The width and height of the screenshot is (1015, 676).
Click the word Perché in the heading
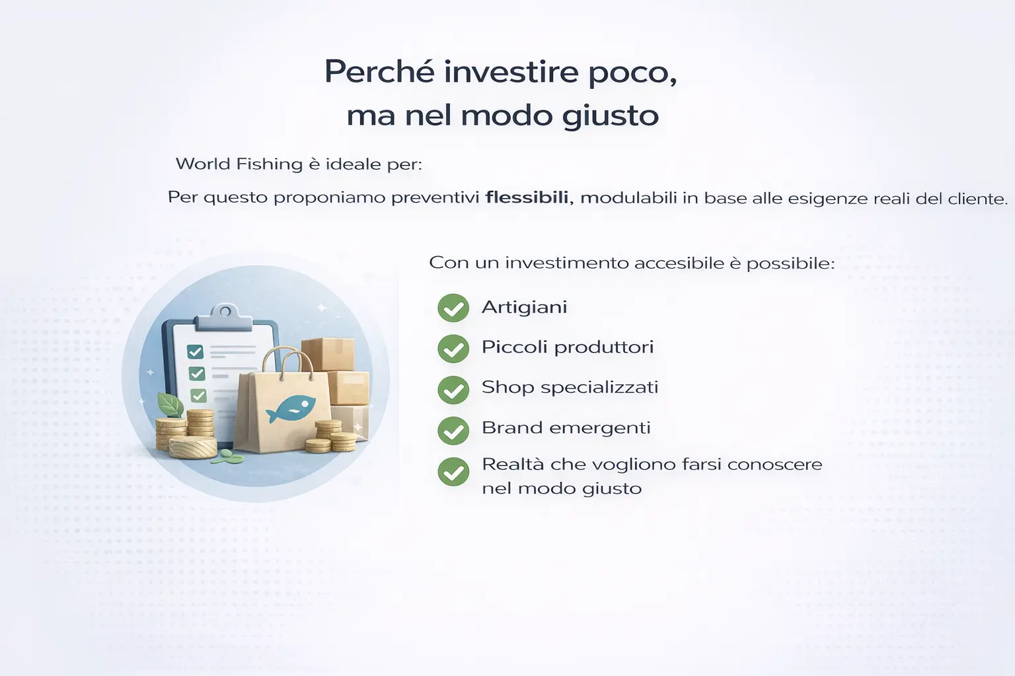(379, 72)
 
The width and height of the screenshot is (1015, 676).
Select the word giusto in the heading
(611, 116)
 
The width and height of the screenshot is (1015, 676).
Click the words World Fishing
(239, 164)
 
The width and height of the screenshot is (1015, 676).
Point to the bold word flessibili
(527, 197)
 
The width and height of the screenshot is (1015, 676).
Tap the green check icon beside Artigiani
(453, 308)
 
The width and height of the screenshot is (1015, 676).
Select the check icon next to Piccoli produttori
(453, 348)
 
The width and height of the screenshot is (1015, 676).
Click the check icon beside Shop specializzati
(453, 389)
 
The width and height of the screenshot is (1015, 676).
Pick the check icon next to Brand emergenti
(453, 430)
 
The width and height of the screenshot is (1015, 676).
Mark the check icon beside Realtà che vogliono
(453, 471)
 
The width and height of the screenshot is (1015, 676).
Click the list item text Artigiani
(524, 308)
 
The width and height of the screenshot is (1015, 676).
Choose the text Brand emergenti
(566, 428)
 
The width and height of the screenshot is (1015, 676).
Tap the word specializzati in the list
(599, 388)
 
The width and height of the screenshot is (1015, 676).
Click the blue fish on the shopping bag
(291, 407)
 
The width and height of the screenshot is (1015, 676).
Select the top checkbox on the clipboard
(196, 352)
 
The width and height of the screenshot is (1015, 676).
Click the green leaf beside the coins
(170, 404)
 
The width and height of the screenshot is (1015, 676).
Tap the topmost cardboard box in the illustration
(328, 354)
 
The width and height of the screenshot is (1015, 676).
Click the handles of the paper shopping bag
(289, 364)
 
